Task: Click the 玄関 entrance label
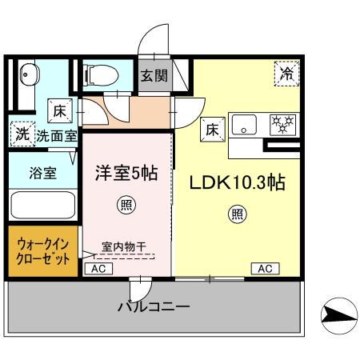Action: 154,76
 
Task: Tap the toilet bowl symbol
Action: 101,75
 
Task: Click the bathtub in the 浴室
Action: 42,205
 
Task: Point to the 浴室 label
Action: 43,173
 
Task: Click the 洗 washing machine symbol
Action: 22,134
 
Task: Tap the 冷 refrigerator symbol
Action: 287,74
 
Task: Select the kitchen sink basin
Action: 244,125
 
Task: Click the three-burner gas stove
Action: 283,125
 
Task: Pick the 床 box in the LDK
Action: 213,130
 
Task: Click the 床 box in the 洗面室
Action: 60,111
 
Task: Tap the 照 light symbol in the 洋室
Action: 126,205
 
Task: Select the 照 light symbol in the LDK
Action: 238,214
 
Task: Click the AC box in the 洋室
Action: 98,269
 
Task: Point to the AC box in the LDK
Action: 265,269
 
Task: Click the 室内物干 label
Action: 124,247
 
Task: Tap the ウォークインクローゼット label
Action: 43,251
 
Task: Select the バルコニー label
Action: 154,306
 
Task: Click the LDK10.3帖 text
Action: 238,182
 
